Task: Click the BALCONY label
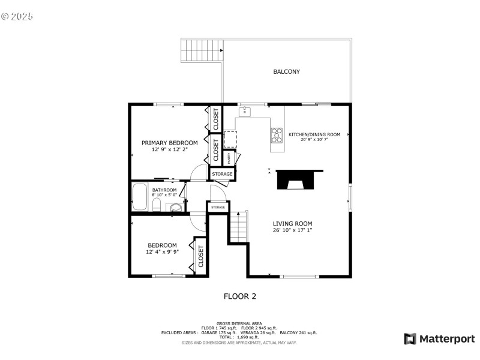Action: point(286,72)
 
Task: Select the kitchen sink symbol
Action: point(245,112)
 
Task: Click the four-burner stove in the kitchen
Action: point(277,136)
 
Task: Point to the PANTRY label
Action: point(229,157)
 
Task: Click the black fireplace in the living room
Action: point(299,179)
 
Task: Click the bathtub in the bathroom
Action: point(139,197)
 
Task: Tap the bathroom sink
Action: point(175,208)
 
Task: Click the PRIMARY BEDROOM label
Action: point(169,143)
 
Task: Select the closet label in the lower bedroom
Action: point(200,256)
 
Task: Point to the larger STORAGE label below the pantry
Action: point(221,174)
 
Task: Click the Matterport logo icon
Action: point(410,339)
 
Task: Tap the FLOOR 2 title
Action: point(240,296)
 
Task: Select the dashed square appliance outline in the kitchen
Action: point(230,140)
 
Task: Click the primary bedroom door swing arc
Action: point(198,174)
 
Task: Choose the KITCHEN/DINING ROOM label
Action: point(314,134)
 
